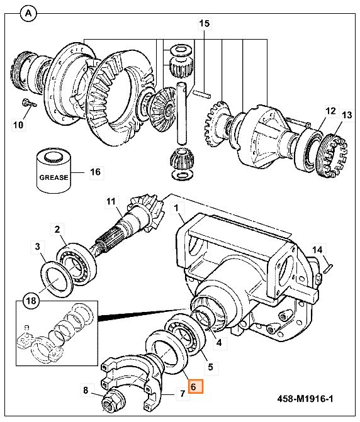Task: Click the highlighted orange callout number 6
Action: [196, 387]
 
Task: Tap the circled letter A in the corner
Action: [28, 13]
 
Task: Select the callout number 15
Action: [205, 23]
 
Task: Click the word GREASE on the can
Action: [54, 177]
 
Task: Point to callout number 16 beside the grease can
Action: [96, 172]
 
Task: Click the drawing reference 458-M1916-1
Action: [305, 399]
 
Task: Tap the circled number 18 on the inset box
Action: [31, 300]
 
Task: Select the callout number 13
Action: [347, 115]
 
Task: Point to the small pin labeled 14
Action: [329, 269]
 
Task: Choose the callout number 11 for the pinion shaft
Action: [111, 201]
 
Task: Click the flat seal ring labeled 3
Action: [57, 279]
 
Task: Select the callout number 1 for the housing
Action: [176, 208]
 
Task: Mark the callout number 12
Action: [330, 111]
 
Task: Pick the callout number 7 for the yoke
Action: [183, 394]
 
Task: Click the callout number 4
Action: [219, 343]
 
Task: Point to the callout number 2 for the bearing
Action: [57, 230]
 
